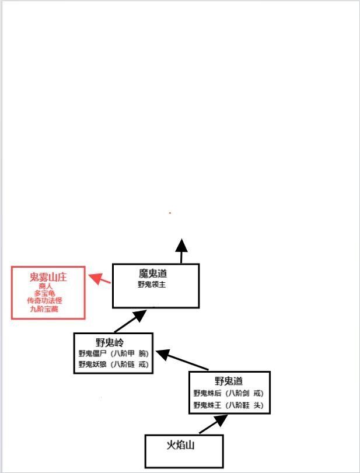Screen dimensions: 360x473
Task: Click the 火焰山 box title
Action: (x=180, y=445)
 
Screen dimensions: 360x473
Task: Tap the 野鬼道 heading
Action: (x=229, y=381)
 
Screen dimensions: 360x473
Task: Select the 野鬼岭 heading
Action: (x=110, y=342)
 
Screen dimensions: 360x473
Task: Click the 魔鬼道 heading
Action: (x=153, y=274)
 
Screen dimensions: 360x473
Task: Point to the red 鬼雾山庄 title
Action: (x=48, y=277)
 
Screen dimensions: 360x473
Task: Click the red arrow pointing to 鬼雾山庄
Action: (x=99, y=279)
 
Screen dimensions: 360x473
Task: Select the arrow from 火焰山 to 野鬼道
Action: (x=214, y=424)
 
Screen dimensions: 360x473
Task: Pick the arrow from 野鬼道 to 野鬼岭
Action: (x=182, y=359)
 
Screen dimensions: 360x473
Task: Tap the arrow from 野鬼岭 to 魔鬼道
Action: (x=130, y=321)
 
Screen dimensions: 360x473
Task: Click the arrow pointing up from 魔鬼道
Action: (x=181, y=251)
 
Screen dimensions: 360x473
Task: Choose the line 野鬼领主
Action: (x=152, y=285)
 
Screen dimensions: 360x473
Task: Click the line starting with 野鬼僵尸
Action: (x=113, y=353)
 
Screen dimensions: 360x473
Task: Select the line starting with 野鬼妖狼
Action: (x=113, y=364)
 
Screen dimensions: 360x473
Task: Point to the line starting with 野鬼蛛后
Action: (x=229, y=393)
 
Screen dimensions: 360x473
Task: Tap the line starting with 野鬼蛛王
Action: (x=229, y=405)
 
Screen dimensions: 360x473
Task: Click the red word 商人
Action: (x=46, y=286)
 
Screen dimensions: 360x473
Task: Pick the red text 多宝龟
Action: (x=45, y=293)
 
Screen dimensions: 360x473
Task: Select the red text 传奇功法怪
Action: (x=45, y=301)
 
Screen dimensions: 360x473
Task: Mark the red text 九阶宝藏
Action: (x=44, y=309)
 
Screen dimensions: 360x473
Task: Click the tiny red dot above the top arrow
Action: (x=170, y=213)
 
